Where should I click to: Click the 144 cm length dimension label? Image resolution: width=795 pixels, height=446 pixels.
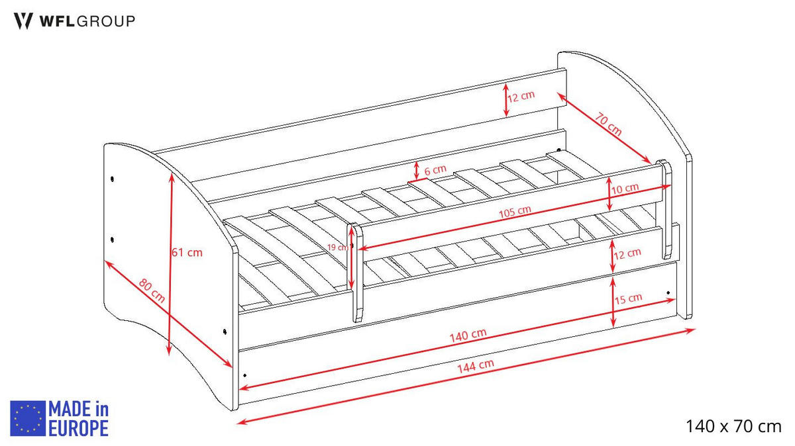click(476, 366)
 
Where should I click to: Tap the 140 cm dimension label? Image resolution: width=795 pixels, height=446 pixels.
click(468, 335)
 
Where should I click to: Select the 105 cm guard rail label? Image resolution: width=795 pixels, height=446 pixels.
click(515, 212)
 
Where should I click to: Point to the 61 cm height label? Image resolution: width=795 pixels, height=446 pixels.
click(187, 252)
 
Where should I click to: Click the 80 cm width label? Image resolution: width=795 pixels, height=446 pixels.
click(152, 291)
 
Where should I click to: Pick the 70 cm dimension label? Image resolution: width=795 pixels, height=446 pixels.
click(608, 124)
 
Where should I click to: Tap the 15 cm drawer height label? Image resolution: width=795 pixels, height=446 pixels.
click(628, 298)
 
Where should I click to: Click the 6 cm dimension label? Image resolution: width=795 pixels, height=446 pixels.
click(435, 170)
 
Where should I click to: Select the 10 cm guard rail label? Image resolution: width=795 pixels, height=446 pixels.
click(625, 188)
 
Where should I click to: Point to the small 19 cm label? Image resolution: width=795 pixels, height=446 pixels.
click(338, 247)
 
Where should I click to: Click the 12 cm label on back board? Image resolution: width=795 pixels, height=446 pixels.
click(521, 96)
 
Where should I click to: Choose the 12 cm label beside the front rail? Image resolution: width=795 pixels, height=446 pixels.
click(627, 253)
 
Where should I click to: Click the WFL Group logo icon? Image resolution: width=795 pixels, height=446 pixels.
click(23, 21)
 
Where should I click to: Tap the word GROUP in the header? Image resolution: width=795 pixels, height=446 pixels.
click(106, 21)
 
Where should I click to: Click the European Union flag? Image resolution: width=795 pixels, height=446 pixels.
click(28, 418)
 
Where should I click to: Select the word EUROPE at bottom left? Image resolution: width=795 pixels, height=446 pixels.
click(78, 428)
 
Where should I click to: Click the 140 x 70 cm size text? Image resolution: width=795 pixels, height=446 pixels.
click(733, 426)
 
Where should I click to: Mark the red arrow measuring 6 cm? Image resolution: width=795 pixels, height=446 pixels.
click(416, 171)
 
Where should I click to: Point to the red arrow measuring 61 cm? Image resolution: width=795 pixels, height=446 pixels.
click(170, 265)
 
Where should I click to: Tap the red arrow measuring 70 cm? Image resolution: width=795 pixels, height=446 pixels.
click(604, 128)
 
